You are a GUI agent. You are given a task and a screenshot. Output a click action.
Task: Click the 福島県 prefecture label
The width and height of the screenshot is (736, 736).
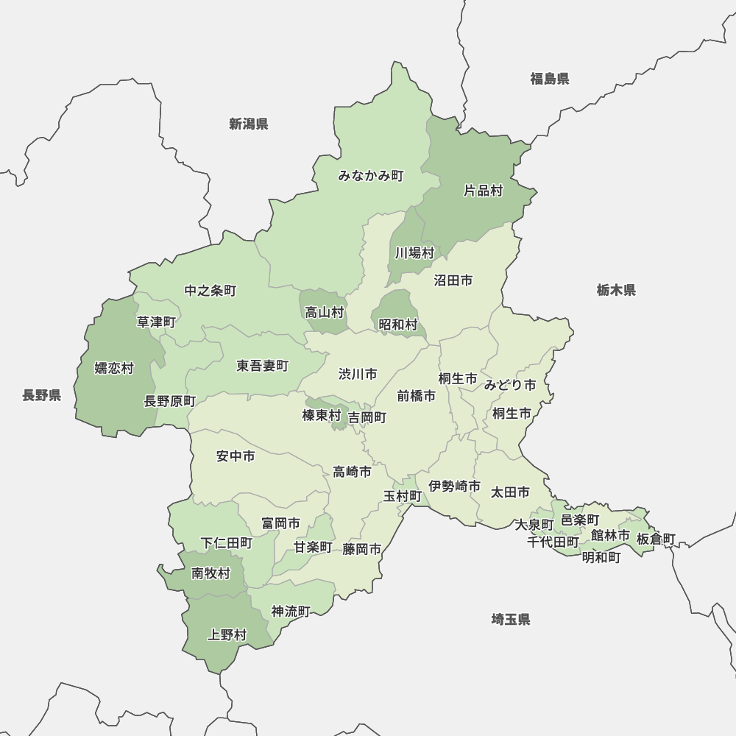click(x=550, y=79)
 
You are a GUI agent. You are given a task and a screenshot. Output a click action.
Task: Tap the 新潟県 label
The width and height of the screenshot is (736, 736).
click(x=248, y=124)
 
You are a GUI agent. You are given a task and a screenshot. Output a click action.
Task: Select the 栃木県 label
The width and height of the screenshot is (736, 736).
click(x=616, y=290)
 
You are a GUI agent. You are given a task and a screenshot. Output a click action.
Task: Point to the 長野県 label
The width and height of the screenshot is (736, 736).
click(x=42, y=395)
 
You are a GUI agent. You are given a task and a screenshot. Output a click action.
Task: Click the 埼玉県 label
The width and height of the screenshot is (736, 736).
click(x=511, y=619)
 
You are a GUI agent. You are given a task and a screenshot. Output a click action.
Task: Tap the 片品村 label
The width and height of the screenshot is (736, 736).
click(x=483, y=191)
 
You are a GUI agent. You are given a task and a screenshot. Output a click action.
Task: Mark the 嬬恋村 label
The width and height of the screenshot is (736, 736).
click(x=114, y=368)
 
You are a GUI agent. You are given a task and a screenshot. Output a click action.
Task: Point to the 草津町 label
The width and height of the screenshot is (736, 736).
click(x=156, y=322)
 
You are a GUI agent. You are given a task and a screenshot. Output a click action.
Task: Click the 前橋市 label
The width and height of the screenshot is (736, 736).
click(x=416, y=395)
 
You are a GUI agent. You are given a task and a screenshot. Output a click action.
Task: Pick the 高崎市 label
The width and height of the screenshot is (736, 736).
click(x=352, y=472)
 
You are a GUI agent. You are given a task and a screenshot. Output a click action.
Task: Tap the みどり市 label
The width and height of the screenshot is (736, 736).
click(x=509, y=384)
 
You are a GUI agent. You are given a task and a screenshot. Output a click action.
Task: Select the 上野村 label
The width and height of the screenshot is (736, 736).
click(x=228, y=634)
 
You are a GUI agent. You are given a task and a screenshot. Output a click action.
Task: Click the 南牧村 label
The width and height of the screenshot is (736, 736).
click(x=211, y=573)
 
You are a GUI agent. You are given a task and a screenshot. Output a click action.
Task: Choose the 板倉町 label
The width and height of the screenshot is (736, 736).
click(x=655, y=539)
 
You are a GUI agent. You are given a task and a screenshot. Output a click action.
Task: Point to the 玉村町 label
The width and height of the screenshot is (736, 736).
click(x=403, y=496)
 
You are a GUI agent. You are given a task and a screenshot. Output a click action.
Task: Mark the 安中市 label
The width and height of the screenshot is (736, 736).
click(x=236, y=456)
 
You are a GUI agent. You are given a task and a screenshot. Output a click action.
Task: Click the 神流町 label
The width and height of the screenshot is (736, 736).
click(x=291, y=611)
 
